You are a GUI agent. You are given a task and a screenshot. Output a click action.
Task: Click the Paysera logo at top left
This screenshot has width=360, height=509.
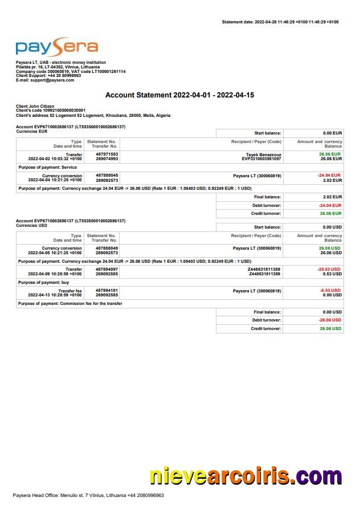point(56,47)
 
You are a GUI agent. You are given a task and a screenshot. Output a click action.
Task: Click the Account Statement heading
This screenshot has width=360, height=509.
point(179,95)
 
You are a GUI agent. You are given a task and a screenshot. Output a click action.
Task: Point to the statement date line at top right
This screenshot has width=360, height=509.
point(280,22)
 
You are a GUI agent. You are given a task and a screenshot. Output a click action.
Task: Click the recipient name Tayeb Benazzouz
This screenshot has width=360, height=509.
point(263,154)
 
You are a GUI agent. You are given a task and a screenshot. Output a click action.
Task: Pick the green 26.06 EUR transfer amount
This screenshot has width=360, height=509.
point(330,154)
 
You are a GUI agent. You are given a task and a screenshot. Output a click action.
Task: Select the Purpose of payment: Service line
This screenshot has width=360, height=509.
point(48,167)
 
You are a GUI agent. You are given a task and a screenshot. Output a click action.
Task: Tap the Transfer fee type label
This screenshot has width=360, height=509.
point(69,290)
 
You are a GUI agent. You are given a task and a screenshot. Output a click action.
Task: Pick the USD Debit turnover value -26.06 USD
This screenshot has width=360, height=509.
point(330,320)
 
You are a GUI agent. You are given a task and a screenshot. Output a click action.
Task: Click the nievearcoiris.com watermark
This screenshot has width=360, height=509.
point(246,477)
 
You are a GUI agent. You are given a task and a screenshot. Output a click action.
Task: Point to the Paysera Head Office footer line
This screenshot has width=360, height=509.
point(88,495)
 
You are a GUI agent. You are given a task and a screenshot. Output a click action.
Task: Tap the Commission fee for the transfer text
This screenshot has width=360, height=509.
point(92,303)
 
